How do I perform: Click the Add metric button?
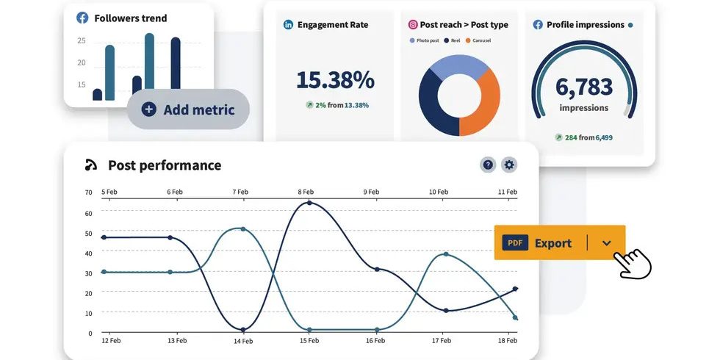tap(188, 109)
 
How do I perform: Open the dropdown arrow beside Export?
tap(606, 243)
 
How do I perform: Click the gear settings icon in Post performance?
tap(509, 165)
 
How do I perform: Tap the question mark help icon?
tap(488, 165)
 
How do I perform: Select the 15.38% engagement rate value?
tap(335, 80)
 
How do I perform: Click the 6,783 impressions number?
tap(584, 86)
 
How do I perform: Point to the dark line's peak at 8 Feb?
tap(309, 202)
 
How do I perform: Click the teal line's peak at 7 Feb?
tap(242, 229)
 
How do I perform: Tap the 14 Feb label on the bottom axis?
tap(242, 341)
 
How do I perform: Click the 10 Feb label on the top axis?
tap(439, 192)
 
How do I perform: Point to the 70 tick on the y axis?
tap(88, 192)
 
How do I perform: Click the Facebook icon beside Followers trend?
tap(82, 18)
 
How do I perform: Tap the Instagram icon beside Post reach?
tap(413, 24)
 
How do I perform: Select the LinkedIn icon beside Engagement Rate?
tap(289, 24)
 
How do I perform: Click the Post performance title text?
tap(165, 165)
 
